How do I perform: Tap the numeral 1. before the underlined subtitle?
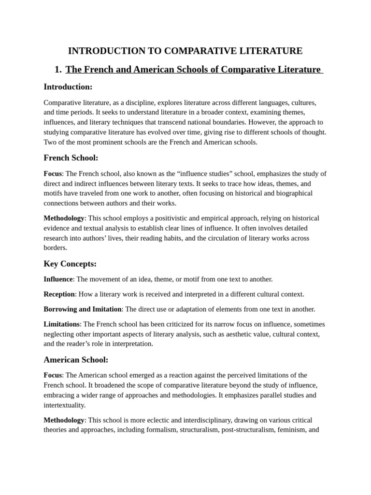click(58, 70)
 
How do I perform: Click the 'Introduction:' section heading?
click(68, 87)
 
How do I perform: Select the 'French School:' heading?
click(71, 158)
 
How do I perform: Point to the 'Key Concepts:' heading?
click(70, 264)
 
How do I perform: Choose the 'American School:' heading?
click(76, 360)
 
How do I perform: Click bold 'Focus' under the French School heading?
click(53, 174)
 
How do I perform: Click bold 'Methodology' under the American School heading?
click(64, 420)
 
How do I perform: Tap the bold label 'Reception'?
click(59, 294)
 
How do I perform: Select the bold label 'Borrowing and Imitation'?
click(82, 309)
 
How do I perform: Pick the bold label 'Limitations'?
click(61, 324)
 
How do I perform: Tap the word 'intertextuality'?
click(64, 405)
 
